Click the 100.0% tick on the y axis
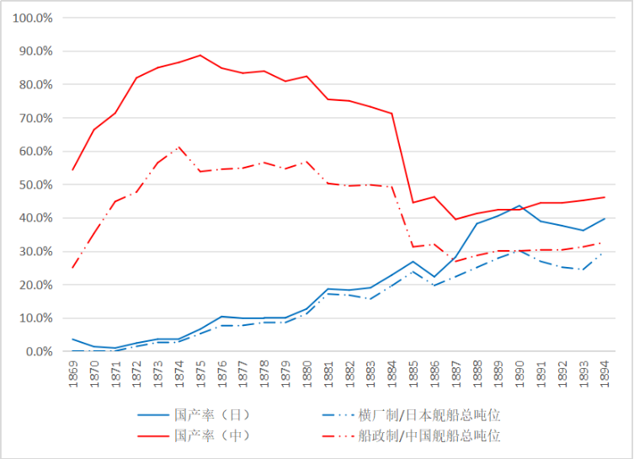32,19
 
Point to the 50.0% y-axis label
35,184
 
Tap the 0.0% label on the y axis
39,352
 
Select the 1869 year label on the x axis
73,374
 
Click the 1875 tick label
200,374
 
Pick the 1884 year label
392,374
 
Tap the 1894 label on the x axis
604,374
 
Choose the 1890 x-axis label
519,374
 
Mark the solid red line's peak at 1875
200,56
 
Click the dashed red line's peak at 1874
179,147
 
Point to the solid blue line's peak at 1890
519,205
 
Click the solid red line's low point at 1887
456,220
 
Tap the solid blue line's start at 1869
72,339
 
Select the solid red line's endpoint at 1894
604,197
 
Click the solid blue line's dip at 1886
434,276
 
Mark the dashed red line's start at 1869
72,267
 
